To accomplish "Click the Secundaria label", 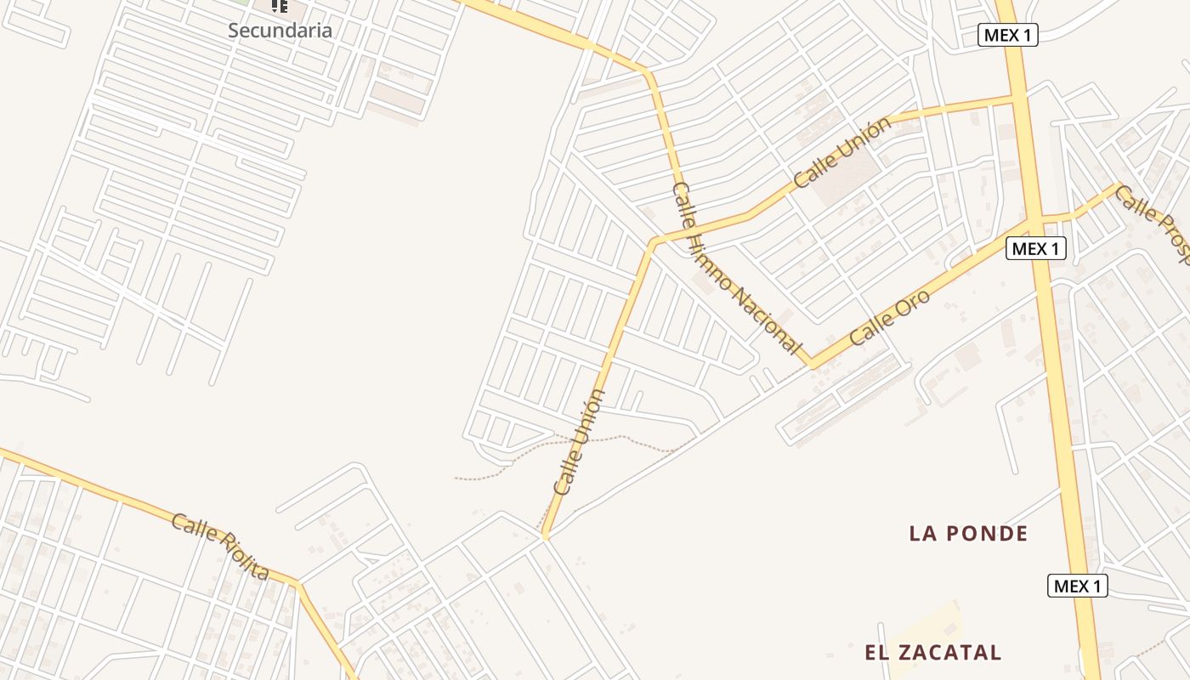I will (280, 31).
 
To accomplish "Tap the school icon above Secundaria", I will (279, 6).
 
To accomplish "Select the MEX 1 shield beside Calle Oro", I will (1035, 248).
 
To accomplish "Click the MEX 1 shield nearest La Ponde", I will (1077, 586).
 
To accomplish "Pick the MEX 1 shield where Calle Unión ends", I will (1008, 35).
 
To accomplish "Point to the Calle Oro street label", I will (890, 318).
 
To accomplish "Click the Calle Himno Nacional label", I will (736, 269).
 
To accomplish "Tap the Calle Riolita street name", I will (220, 547).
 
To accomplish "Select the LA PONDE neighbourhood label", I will (968, 534).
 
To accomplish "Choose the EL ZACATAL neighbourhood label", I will (932, 653).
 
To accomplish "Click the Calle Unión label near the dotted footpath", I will (580, 442).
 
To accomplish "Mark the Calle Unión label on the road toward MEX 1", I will (842, 152).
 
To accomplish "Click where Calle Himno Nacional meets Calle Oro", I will (813, 364).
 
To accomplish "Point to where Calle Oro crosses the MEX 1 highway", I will (1034, 220).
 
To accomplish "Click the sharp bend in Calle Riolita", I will (298, 584).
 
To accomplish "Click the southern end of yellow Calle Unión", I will (545, 535).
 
